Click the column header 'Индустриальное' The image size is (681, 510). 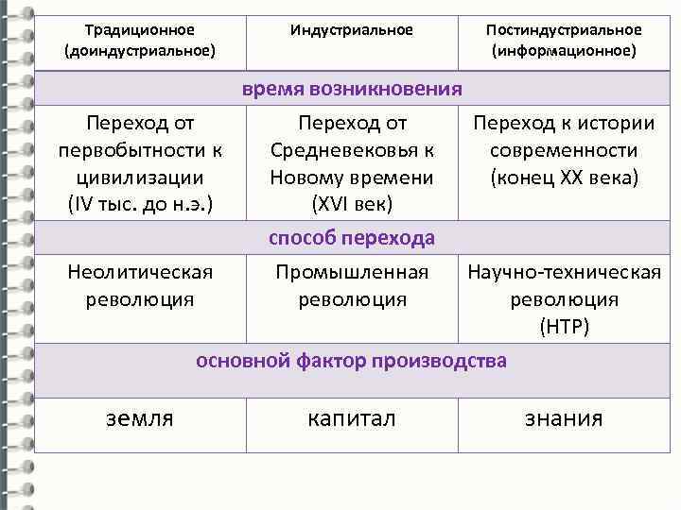coord(352,30)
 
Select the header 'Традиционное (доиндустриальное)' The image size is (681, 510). coord(140,40)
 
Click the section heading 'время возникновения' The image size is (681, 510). coord(352,90)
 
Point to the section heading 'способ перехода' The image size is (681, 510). coord(352,237)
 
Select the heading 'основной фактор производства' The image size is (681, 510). coord(352,361)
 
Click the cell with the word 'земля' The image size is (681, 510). coord(139,418)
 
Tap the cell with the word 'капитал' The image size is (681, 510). coord(352,418)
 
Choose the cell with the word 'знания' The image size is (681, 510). coord(564,418)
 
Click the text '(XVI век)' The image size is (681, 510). coord(352,204)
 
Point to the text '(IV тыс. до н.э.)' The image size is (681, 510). coord(140,204)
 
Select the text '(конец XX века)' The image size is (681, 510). coord(564,178)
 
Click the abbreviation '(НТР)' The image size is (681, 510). coord(564,327)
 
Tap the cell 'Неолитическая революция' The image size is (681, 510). coord(140,285)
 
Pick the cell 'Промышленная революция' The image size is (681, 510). coord(352,285)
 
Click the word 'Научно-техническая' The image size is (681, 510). coord(564,273)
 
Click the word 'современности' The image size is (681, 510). coord(564,151)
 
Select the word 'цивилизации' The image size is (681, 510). coord(140,178)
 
